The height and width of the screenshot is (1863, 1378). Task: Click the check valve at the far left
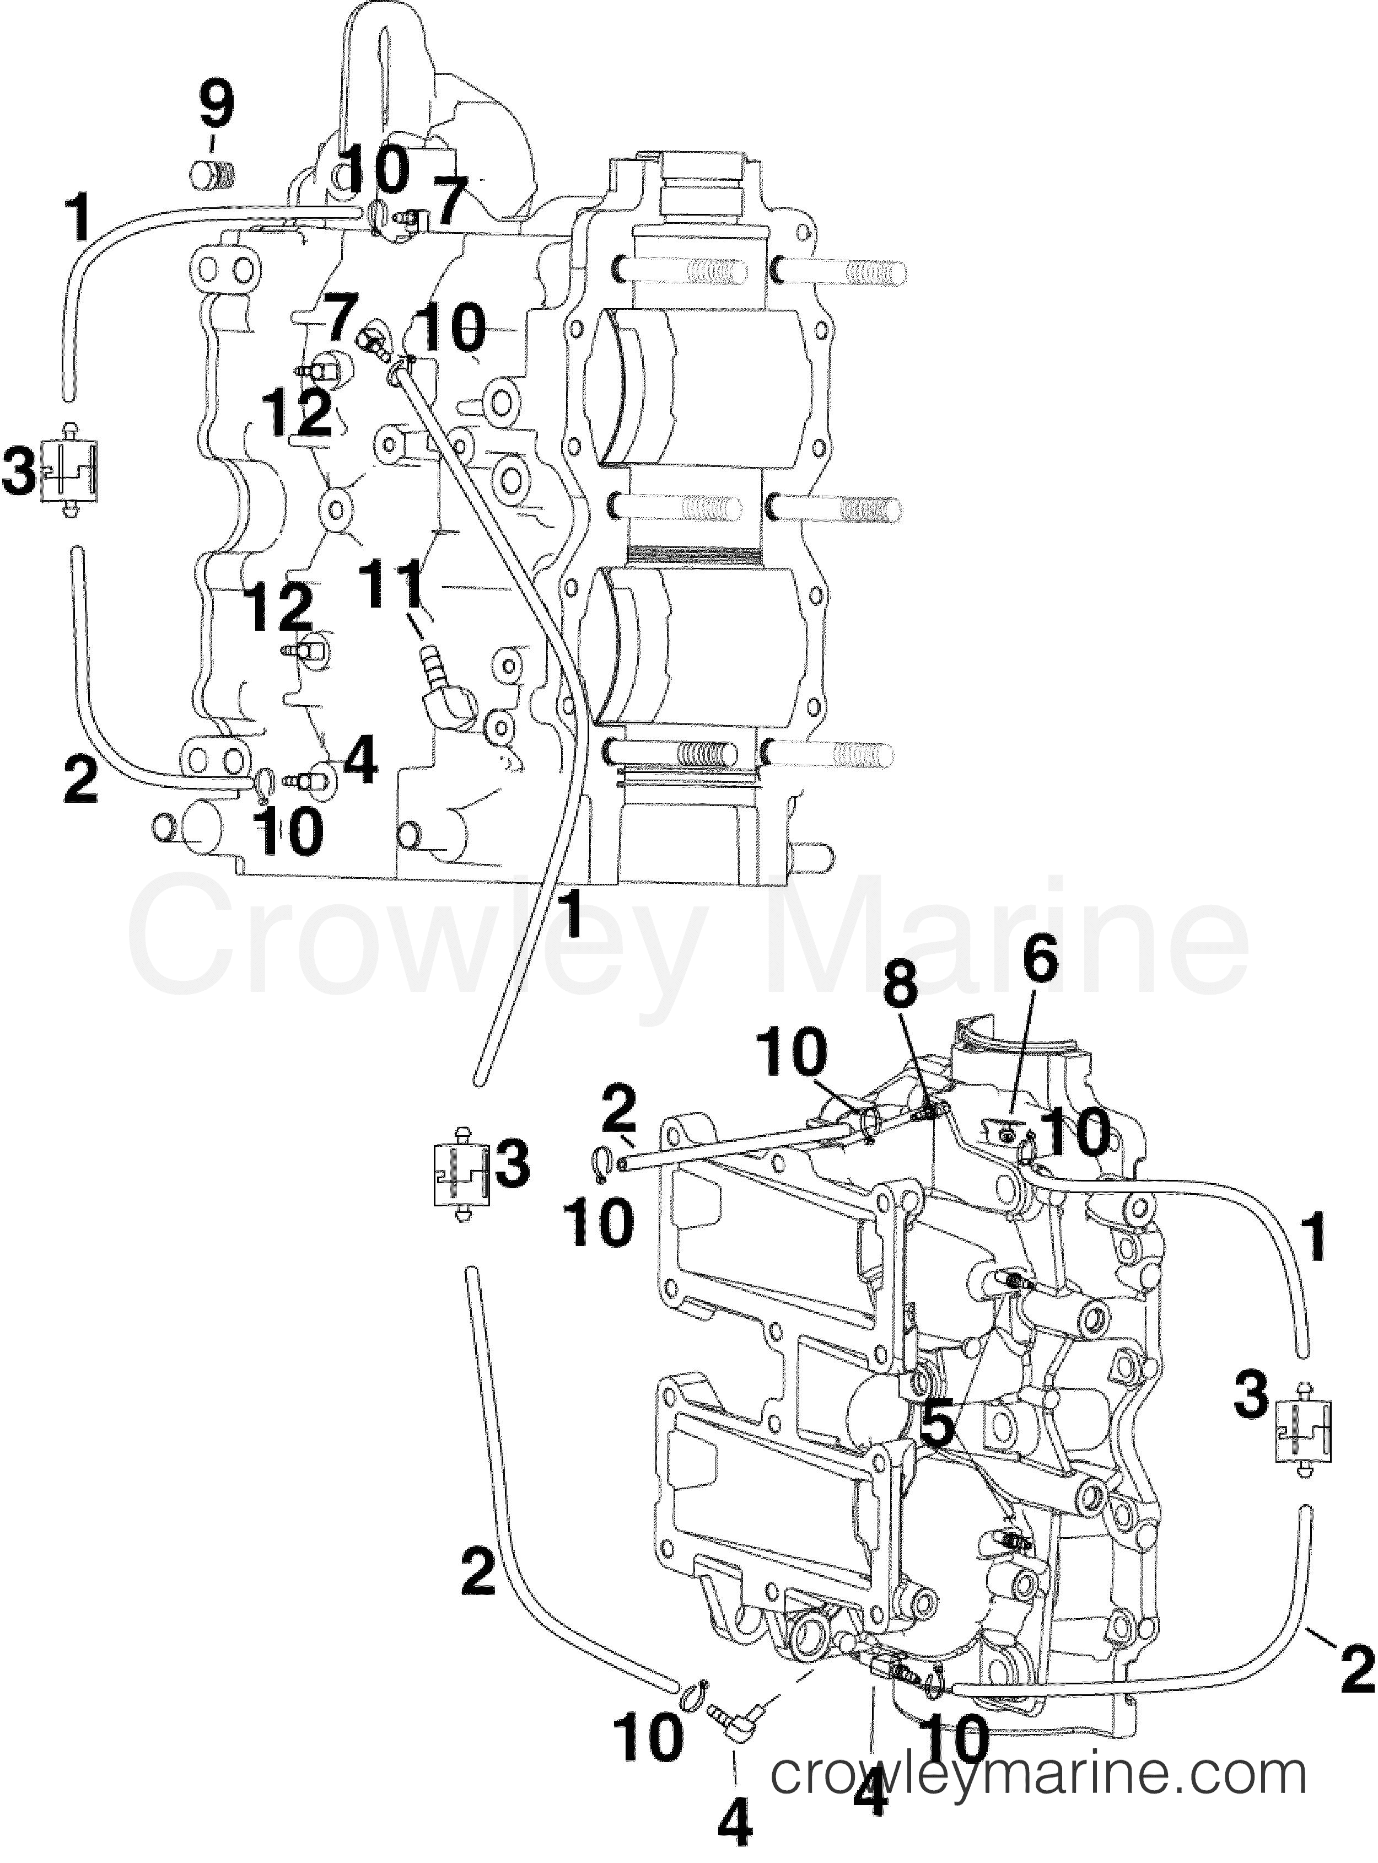point(70,470)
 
